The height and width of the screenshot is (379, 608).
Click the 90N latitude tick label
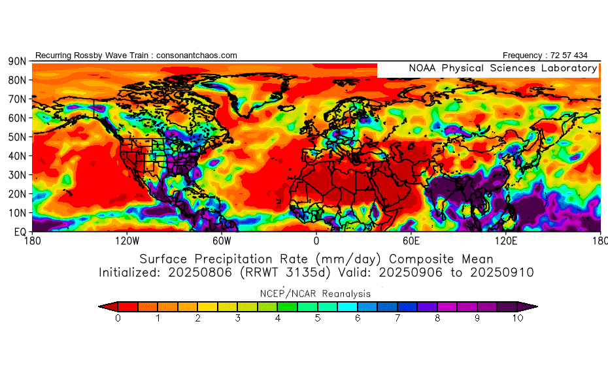(x=16, y=61)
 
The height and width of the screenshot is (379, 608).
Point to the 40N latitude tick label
(x=16, y=156)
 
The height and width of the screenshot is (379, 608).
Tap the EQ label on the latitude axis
(x=20, y=232)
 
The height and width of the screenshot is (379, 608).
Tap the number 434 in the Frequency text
(x=579, y=56)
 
